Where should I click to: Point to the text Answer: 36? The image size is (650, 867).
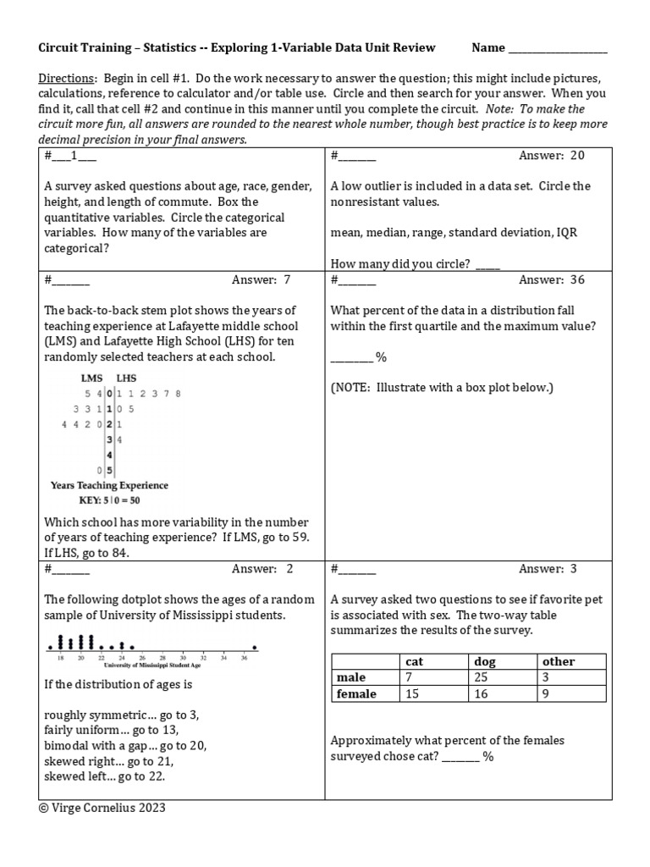click(551, 280)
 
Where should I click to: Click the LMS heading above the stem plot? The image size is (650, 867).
click(91, 378)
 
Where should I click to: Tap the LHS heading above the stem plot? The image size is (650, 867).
click(125, 378)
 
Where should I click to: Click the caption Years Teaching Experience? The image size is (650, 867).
click(109, 486)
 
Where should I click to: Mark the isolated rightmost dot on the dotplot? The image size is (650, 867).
click(254, 649)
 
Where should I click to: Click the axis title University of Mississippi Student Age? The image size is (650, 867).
click(151, 665)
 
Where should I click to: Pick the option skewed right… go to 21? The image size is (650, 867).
click(101, 761)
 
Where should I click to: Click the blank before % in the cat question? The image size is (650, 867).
click(460, 757)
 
